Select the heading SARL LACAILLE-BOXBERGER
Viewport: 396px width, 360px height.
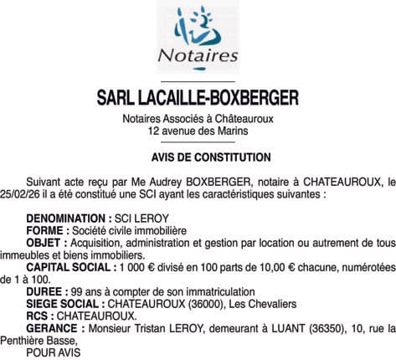198,99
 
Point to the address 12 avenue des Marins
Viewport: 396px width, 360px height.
198,131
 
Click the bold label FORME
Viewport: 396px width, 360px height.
47,230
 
